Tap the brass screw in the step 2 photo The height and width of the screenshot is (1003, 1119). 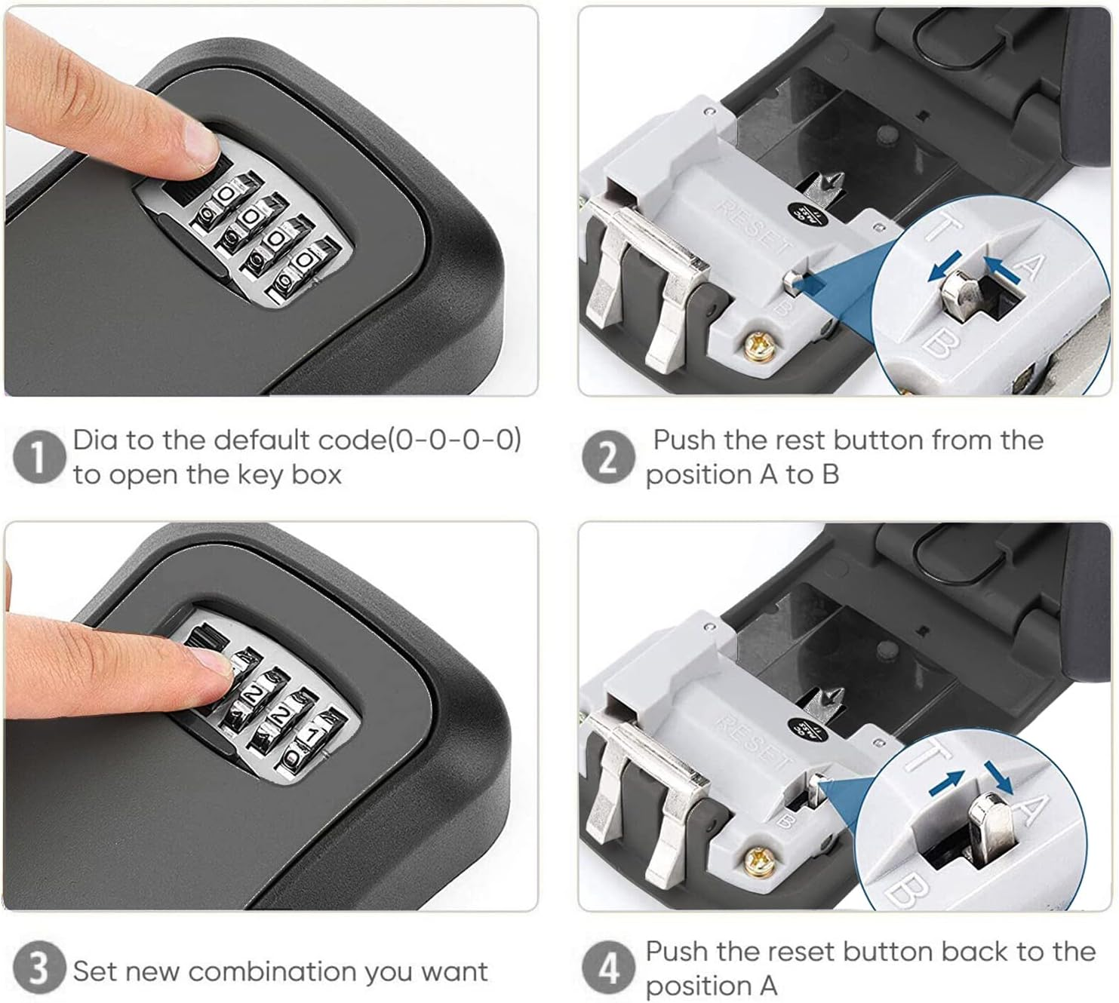[758, 347]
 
